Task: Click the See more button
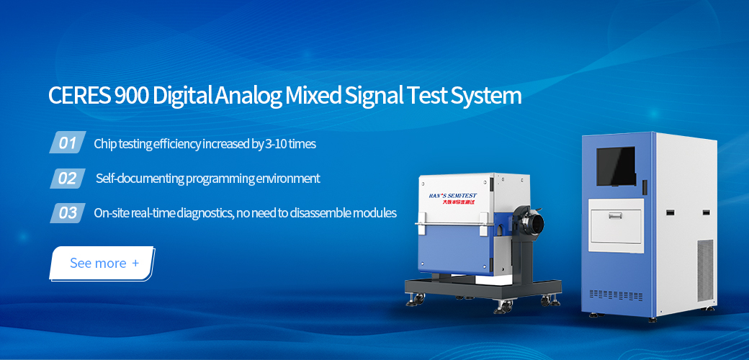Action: click(x=102, y=263)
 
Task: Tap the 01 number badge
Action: click(x=68, y=143)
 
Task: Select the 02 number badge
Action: click(x=68, y=178)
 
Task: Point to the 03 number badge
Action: click(x=68, y=213)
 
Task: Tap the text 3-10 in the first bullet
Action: click(x=277, y=144)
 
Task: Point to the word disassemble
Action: click(x=320, y=213)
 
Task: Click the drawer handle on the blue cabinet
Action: click(x=616, y=217)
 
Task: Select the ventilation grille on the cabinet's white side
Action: click(x=705, y=270)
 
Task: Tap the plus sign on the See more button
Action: click(x=135, y=263)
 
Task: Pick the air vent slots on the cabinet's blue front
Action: click(x=616, y=295)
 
